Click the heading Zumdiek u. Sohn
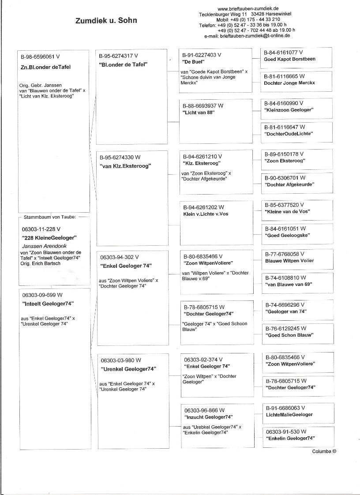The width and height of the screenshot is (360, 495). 106,20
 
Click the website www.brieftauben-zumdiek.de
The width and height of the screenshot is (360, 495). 247,8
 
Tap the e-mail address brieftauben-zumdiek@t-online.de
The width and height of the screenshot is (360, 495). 255,36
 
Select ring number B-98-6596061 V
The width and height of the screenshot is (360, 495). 40,57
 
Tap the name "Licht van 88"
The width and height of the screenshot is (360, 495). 199,113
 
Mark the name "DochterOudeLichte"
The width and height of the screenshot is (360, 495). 289,134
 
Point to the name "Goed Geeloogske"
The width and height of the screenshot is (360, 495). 287,236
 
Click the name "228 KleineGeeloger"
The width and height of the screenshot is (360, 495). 49,237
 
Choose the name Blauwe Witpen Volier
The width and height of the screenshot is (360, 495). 289,261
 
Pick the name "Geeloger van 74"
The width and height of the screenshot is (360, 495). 286,311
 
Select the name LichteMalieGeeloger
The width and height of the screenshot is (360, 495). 289,415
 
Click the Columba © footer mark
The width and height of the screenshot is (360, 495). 324,451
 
